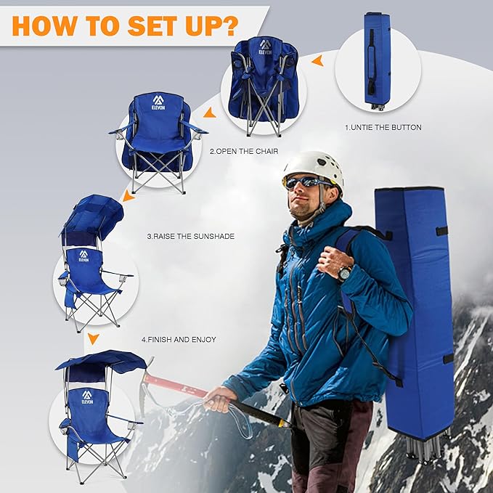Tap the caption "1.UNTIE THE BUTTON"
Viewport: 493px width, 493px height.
pyautogui.click(x=383, y=127)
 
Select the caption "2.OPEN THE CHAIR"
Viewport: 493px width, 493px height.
pyautogui.click(x=240, y=152)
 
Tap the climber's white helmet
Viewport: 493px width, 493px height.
pyautogui.click(x=312, y=166)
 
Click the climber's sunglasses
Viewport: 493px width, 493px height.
pyautogui.click(x=306, y=182)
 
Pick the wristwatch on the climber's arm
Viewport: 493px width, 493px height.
pyautogui.click(x=344, y=273)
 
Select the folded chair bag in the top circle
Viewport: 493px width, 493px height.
pyautogui.click(x=377, y=60)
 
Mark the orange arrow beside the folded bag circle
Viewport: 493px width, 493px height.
pyautogui.click(x=317, y=62)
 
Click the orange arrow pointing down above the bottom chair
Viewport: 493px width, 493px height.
pyautogui.click(x=92, y=338)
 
